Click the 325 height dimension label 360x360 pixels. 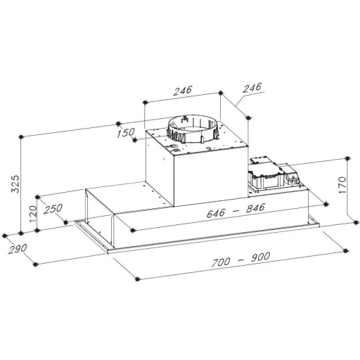click(15, 184)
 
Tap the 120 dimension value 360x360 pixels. click(33, 214)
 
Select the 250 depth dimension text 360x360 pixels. click(53, 209)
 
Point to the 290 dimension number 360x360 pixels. click(18, 249)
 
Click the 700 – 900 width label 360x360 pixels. click(241, 259)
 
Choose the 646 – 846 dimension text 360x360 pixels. click(236, 210)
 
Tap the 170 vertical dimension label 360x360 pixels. click(342, 185)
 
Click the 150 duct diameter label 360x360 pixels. click(126, 133)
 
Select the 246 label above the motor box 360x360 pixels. click(183, 91)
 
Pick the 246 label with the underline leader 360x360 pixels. click(252, 88)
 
